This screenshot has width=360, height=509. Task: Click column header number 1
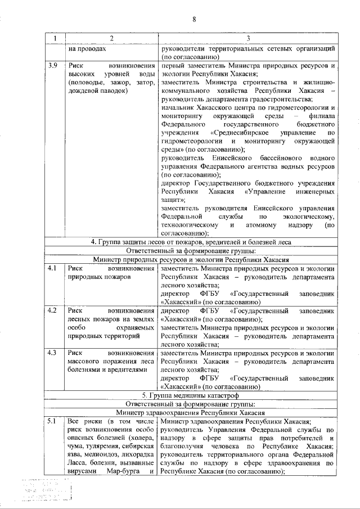[55, 38]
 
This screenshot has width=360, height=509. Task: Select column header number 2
[112, 38]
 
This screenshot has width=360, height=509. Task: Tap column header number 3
[248, 38]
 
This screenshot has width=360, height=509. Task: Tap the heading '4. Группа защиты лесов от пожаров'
[191, 242]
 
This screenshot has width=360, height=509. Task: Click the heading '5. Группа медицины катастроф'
[191, 395]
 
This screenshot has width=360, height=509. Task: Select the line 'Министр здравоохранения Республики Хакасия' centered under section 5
[191, 412]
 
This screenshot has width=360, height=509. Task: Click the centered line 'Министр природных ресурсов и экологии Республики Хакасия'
[191, 260]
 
